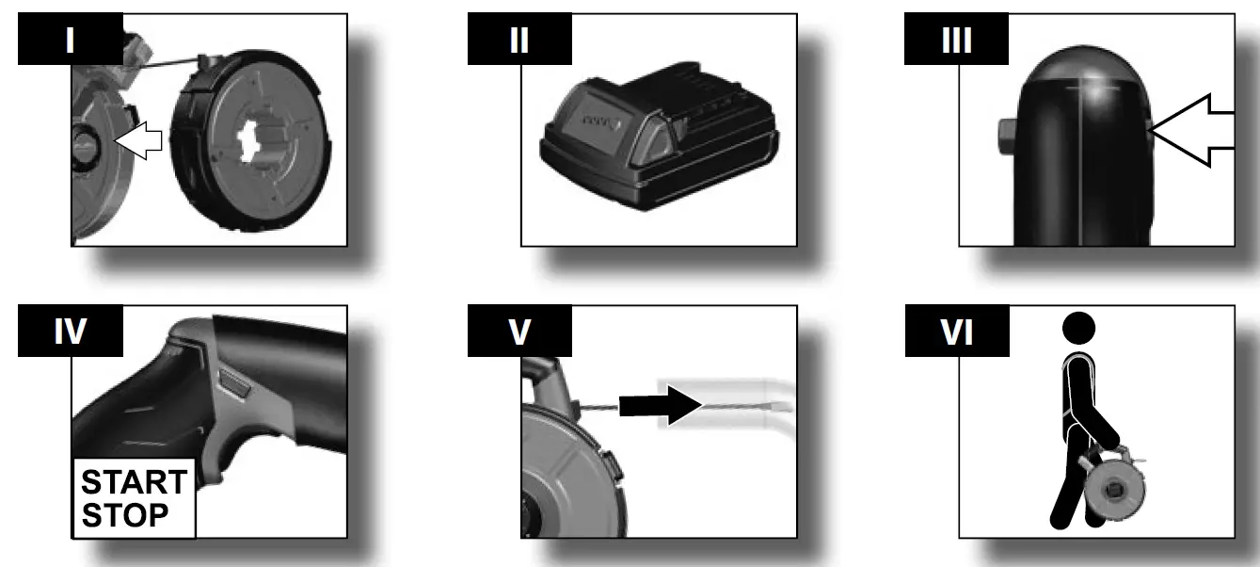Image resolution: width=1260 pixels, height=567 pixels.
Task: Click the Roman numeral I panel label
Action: (x=71, y=40)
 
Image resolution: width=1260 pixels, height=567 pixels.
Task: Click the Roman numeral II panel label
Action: (x=518, y=40)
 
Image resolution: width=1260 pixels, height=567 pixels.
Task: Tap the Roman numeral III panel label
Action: (x=957, y=40)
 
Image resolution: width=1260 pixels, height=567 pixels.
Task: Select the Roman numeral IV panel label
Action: (x=71, y=332)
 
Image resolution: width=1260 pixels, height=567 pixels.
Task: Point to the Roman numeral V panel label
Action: (x=518, y=332)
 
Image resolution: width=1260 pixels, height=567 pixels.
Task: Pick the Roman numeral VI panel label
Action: (x=957, y=332)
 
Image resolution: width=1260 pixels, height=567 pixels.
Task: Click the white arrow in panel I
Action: (x=137, y=141)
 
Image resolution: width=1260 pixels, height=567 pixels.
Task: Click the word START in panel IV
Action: (x=133, y=482)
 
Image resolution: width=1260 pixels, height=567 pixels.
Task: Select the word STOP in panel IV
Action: (x=124, y=515)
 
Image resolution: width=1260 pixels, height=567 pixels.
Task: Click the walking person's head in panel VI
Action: (x=1078, y=329)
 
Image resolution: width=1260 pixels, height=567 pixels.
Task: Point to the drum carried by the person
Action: (x=1115, y=491)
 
